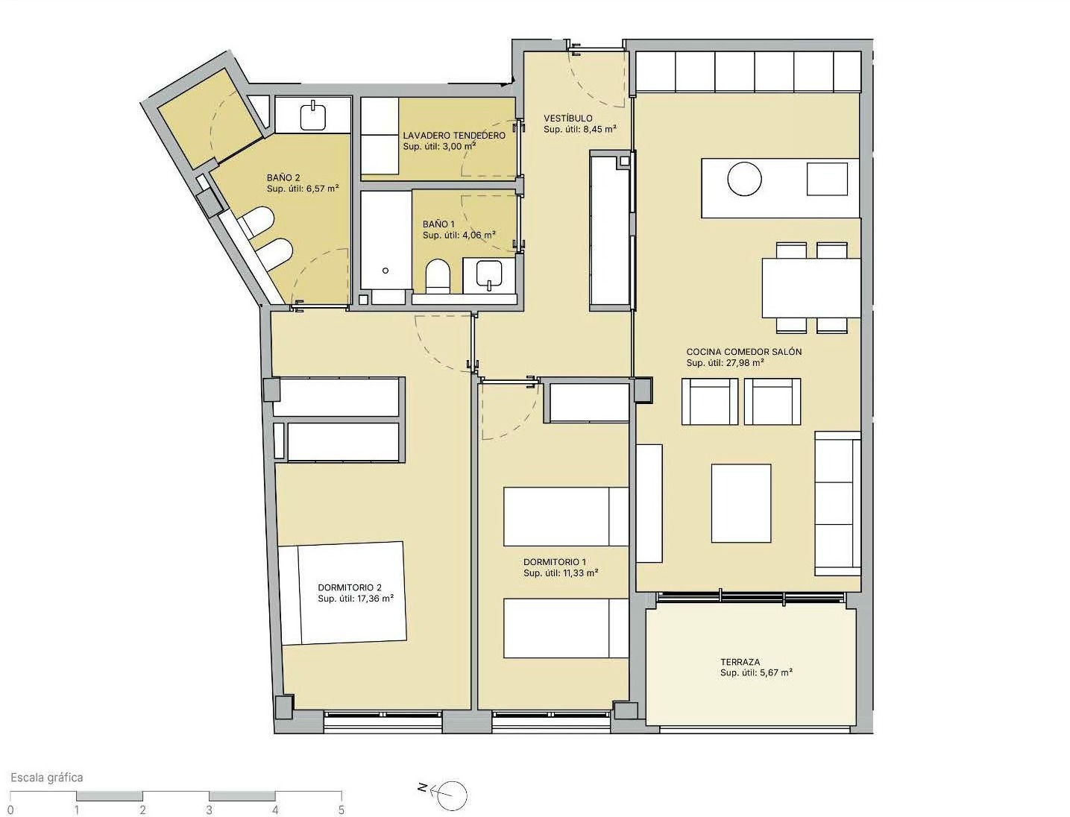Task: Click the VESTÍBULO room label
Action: (x=568, y=118)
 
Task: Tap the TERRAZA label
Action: (x=740, y=662)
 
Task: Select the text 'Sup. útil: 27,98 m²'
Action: (x=725, y=362)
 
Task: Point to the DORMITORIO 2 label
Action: (x=350, y=587)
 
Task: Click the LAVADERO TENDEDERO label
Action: (x=454, y=136)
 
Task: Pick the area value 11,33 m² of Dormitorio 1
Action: (x=580, y=573)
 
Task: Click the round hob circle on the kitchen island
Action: (x=744, y=179)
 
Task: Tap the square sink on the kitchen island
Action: (x=827, y=179)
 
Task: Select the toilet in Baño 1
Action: (x=438, y=277)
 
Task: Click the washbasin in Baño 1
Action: (x=489, y=276)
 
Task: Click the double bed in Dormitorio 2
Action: (x=343, y=593)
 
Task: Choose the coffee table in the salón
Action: (x=741, y=503)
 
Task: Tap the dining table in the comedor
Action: (x=811, y=288)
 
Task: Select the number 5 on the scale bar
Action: (x=342, y=810)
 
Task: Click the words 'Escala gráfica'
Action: (x=47, y=777)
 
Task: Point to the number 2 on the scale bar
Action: (x=142, y=810)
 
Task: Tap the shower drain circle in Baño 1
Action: (x=385, y=271)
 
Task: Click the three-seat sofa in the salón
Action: (x=837, y=503)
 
